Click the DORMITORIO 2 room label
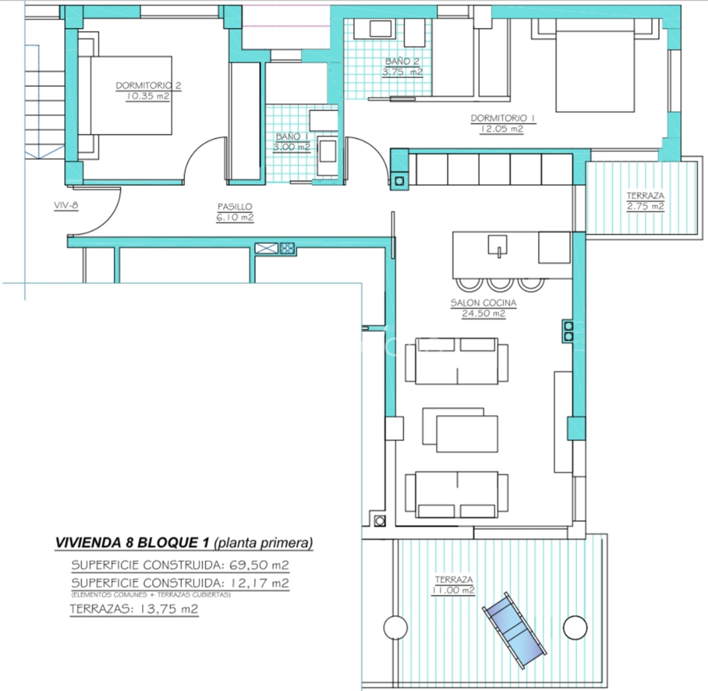click(x=149, y=85)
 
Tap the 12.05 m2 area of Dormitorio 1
click(x=501, y=129)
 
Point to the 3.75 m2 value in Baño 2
click(x=403, y=72)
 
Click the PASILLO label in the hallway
click(x=235, y=207)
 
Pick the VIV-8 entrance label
click(x=66, y=205)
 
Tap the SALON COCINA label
click(x=483, y=303)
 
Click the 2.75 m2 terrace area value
click(x=645, y=206)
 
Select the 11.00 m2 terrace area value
click(x=453, y=590)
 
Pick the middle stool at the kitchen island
click(x=500, y=285)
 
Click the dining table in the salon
click(x=460, y=430)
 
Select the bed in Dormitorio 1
click(x=595, y=66)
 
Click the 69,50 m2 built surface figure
click(x=259, y=565)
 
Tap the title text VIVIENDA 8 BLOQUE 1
click(x=132, y=542)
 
